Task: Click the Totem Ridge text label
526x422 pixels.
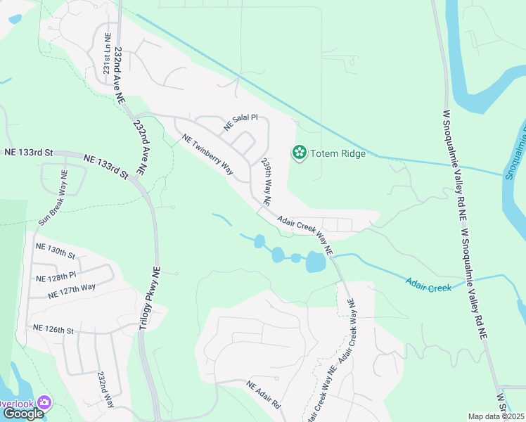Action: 338,153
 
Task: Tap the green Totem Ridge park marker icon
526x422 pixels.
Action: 299,153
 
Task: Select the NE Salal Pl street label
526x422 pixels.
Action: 241,122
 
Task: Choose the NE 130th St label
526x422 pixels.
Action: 55,250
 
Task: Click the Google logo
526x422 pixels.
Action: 23,414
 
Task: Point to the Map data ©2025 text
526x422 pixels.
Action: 496,416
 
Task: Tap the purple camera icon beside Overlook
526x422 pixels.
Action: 44,402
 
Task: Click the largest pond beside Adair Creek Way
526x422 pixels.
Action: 316,263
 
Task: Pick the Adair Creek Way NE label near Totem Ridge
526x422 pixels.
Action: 304,236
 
